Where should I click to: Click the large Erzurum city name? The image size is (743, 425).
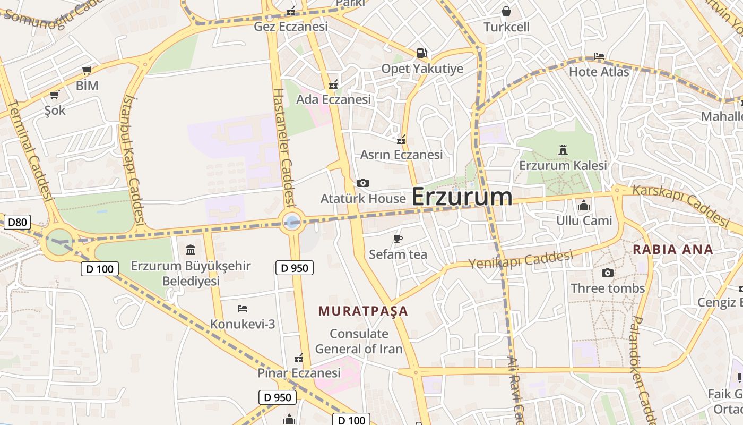(462, 197)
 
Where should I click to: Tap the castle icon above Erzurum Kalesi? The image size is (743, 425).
(563, 150)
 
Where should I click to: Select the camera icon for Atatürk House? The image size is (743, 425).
(363, 183)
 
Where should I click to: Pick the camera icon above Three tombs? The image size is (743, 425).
(608, 273)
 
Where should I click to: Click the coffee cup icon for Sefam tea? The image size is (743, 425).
(398, 239)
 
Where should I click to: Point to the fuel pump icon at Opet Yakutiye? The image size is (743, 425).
(421, 53)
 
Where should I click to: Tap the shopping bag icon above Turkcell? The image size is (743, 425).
(506, 11)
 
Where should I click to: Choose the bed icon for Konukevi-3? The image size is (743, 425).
(243, 308)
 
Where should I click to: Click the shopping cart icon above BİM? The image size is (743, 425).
(87, 70)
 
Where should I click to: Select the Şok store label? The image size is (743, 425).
(55, 110)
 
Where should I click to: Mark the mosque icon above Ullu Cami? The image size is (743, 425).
(584, 205)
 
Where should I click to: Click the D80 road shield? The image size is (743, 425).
(17, 222)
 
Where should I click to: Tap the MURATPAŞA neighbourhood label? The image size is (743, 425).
(363, 311)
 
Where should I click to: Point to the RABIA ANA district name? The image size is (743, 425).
(673, 249)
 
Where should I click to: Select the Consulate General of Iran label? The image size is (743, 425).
(359, 341)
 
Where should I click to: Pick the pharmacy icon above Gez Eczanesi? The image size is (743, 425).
(291, 11)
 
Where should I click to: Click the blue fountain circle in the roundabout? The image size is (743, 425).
(292, 221)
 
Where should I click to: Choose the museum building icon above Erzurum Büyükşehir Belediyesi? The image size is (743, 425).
(190, 250)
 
